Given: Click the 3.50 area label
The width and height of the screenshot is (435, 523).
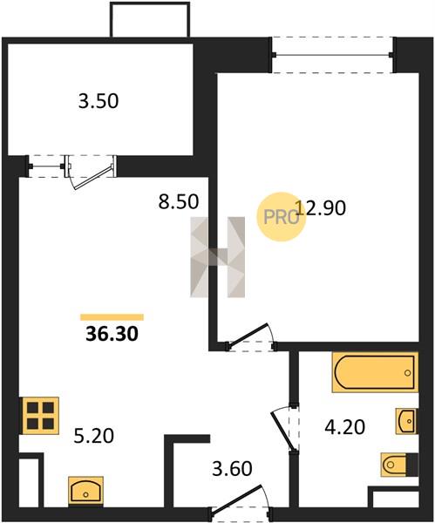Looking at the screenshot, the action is click(99, 101).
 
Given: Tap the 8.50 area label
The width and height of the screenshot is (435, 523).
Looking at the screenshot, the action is click(179, 201).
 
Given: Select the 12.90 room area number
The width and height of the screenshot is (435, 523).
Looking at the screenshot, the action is click(321, 207).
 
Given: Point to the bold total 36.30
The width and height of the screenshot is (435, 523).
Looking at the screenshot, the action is click(112, 334).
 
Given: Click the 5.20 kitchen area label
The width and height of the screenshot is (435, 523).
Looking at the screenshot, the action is click(94, 436).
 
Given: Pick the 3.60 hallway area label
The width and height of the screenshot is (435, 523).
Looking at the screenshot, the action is click(232, 468).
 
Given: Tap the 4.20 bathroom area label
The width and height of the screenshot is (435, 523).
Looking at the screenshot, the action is click(345, 427).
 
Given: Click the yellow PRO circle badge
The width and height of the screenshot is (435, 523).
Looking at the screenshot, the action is click(281, 217).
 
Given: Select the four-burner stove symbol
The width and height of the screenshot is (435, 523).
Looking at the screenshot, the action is click(40, 416).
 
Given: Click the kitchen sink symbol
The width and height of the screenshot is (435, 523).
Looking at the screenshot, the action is click(85, 489).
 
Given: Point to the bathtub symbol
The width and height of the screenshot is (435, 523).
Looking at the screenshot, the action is click(375, 372).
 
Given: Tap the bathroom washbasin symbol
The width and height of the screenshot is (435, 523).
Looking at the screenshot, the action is click(406, 421).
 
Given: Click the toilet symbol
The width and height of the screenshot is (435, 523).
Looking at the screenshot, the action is click(399, 465).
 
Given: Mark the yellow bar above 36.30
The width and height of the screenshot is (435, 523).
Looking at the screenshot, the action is click(112, 317).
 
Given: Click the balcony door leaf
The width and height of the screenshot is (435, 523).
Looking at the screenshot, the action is click(92, 178).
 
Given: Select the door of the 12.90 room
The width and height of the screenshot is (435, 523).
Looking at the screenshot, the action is click(248, 336).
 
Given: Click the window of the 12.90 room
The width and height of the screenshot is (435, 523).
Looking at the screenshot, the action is click(332, 55).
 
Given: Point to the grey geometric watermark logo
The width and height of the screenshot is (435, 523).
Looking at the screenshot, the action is click(218, 257).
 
